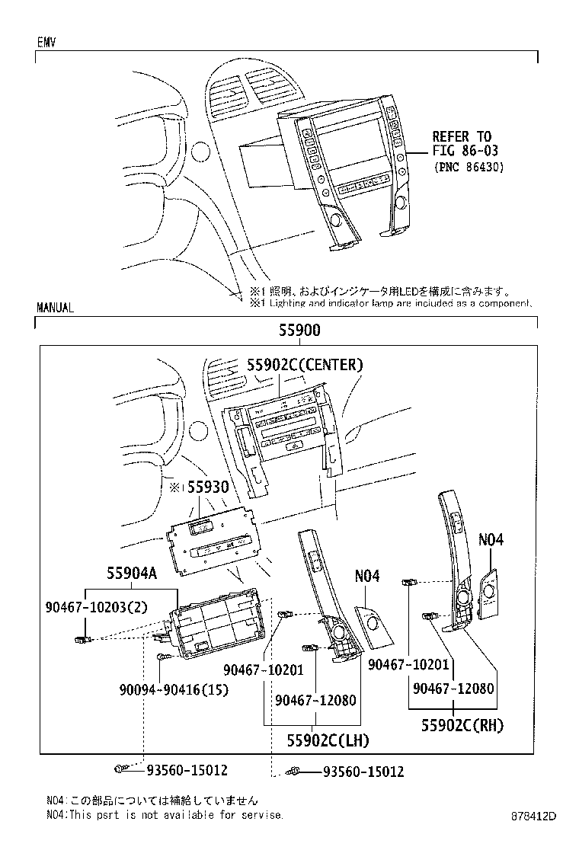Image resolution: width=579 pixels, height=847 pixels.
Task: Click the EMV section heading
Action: pyautogui.click(x=47, y=43)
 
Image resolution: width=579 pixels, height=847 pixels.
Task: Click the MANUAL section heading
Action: pyautogui.click(x=55, y=308)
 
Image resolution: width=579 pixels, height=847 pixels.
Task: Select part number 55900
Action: pyautogui.click(x=288, y=331)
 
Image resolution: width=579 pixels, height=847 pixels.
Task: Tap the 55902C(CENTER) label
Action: pyautogui.click(x=304, y=365)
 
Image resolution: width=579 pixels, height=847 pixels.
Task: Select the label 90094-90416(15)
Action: pyautogui.click(x=174, y=690)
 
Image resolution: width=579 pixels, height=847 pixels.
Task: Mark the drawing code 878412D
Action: pyautogui.click(x=533, y=816)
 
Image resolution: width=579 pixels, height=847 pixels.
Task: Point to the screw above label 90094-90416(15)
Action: pyautogui.click(x=161, y=656)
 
